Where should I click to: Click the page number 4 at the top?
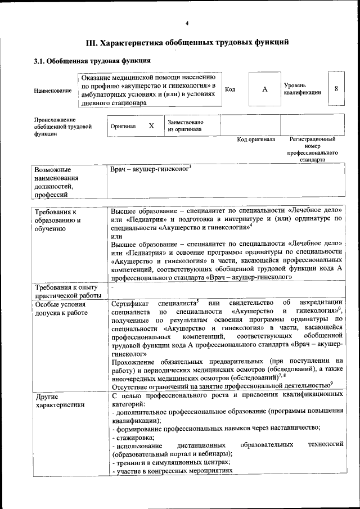coord(187,23)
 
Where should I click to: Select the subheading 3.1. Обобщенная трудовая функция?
coord(92,61)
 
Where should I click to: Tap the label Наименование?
coord(53,90)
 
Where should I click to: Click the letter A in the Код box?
coord(264,89)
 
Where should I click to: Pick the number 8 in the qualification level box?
coord(336,89)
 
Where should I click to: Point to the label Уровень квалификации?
coord(303,88)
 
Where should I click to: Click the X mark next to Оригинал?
coord(151,127)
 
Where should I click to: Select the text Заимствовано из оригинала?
coord(185,126)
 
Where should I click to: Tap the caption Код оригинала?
coord(256,139)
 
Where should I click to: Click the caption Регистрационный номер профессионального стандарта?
coord(313,149)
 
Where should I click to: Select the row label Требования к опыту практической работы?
coord(66,292)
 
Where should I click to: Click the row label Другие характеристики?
coord(60,400)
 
